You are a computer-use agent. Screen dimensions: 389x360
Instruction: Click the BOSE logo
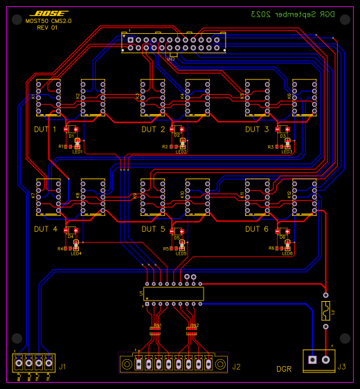click(x=50, y=13)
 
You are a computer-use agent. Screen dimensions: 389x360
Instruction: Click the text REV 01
click(x=47, y=28)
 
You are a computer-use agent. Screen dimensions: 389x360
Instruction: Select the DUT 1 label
click(x=45, y=129)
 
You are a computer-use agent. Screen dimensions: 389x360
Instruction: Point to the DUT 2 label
click(x=153, y=129)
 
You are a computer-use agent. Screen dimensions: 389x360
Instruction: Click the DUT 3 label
click(x=257, y=129)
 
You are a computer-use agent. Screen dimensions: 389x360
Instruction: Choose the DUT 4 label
click(x=45, y=228)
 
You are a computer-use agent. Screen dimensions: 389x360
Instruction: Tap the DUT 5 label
click(x=153, y=228)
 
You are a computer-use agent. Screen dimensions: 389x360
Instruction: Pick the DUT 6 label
click(x=257, y=228)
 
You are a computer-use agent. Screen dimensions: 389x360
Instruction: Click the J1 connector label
click(x=62, y=367)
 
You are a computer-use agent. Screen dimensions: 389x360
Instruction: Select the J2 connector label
click(x=236, y=367)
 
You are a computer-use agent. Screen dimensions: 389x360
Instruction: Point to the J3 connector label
click(x=341, y=367)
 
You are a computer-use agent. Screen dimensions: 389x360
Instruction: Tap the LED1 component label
click(x=77, y=152)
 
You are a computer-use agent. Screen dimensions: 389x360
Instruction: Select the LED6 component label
click(x=287, y=253)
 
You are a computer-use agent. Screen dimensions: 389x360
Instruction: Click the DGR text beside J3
click(x=284, y=369)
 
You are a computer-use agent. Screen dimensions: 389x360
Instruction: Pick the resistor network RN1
click(x=156, y=331)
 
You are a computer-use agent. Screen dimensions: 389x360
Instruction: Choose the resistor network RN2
click(x=192, y=331)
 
